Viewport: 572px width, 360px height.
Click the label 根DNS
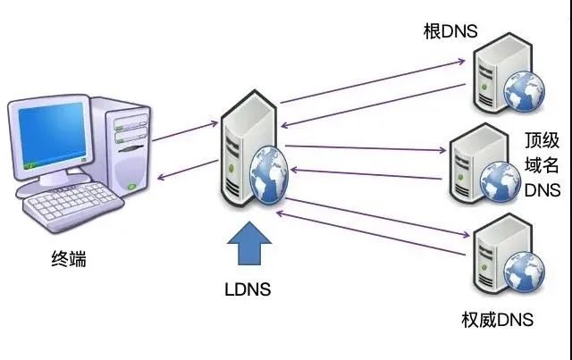click(450, 32)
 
